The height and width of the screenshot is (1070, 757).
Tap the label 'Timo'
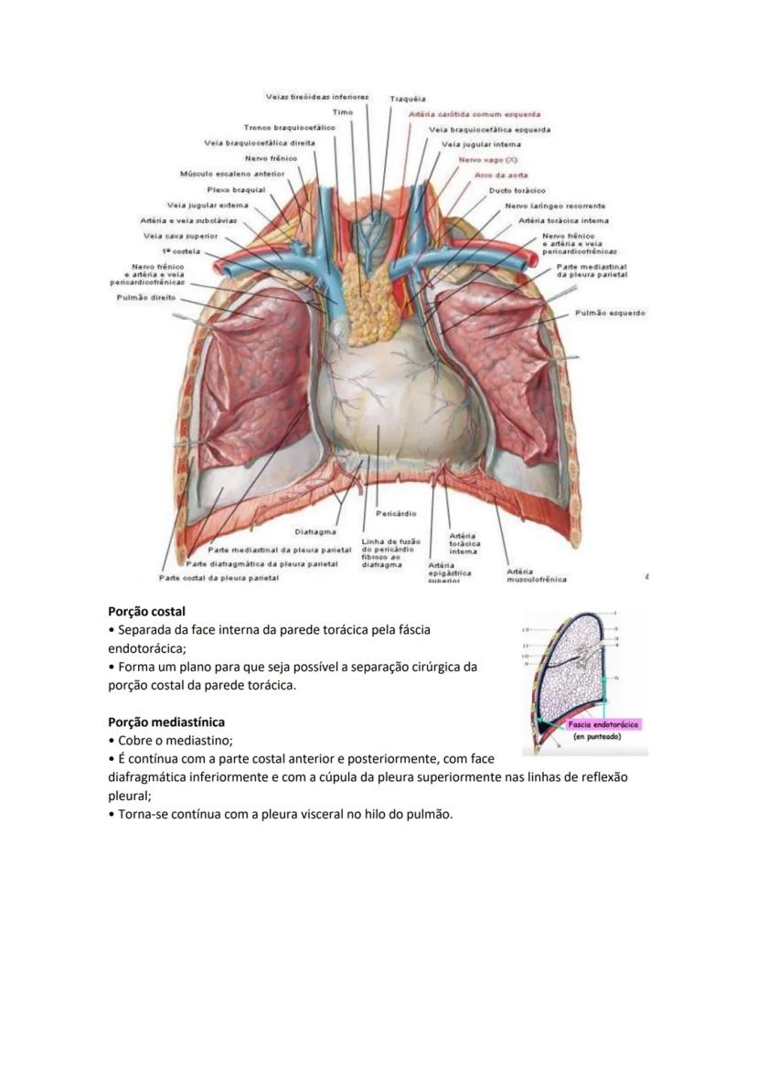(342, 112)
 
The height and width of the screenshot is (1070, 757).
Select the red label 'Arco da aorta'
(495, 175)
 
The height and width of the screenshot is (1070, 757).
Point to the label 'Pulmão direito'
(139, 297)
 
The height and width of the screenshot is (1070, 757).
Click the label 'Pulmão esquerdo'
(610, 313)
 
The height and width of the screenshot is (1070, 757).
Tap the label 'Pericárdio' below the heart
(396, 514)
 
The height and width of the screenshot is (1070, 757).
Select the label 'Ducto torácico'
(517, 190)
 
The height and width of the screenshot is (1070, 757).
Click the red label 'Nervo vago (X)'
(488, 159)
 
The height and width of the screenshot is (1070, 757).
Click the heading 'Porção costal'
(147, 610)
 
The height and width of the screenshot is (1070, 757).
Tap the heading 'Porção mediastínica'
(165, 722)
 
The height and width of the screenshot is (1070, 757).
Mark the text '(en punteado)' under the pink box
(599, 735)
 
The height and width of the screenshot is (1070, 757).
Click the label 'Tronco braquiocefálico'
(289, 127)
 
